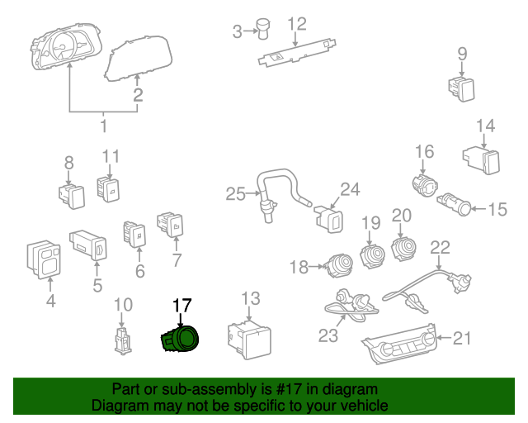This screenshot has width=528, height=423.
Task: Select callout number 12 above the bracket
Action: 296,24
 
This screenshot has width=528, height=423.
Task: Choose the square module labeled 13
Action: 248,340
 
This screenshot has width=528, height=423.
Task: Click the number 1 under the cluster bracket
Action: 103,126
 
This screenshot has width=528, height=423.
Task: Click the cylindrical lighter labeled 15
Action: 455,204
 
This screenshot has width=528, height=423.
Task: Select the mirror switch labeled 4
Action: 41,259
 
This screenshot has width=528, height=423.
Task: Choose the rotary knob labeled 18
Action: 338,264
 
